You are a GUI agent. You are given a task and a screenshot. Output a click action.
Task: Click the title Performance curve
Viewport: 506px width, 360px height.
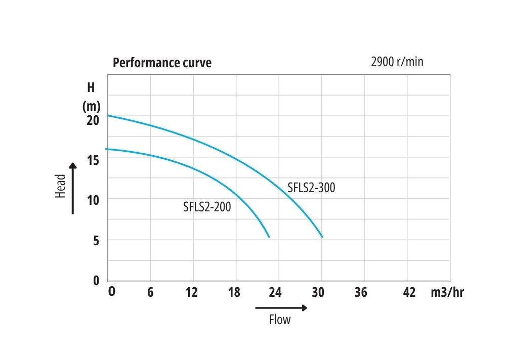[162, 63]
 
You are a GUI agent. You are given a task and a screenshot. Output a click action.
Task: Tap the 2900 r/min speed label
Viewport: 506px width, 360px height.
[397, 62]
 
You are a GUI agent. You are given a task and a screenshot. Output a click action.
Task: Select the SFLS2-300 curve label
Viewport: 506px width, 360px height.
[311, 188]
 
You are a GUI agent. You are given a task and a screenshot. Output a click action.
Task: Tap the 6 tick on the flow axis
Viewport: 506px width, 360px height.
[150, 293]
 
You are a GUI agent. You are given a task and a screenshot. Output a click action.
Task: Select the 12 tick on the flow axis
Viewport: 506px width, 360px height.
[192, 293]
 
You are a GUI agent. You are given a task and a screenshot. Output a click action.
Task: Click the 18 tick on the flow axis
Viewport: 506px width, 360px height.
[234, 293]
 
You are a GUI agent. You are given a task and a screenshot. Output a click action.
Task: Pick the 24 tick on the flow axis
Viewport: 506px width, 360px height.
[275, 293]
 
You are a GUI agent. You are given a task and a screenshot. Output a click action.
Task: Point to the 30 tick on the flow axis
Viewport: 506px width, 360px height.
[318, 293]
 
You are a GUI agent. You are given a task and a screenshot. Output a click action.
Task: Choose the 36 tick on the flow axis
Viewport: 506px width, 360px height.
[361, 293]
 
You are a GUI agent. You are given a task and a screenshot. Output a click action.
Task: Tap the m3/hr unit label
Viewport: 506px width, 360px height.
[446, 293]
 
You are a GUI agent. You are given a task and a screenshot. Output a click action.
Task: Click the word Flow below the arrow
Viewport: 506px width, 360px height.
[280, 320]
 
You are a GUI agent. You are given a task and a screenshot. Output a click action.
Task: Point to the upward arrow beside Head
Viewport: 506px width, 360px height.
[73, 188]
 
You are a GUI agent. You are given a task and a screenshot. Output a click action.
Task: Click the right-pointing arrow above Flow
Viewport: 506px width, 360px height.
[281, 307]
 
